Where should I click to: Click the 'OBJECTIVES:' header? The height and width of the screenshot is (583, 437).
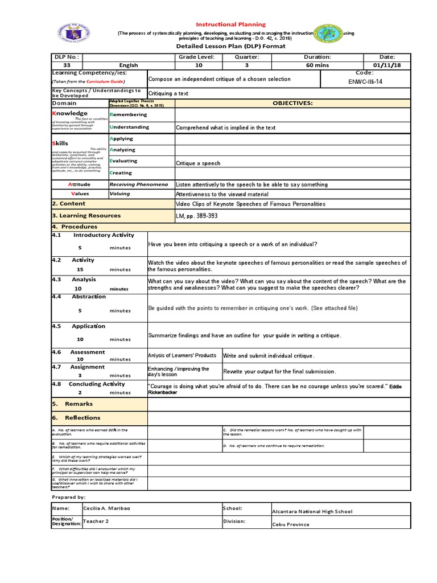pyautogui.click(x=292, y=103)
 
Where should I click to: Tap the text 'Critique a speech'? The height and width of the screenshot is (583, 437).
pyautogui.click(x=198, y=163)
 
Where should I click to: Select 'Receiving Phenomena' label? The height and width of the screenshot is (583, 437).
pyautogui.click(x=139, y=184)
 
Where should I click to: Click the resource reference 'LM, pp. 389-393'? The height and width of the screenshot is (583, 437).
pyautogui.click(x=197, y=216)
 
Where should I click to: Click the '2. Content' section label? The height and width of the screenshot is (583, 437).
pyautogui.click(x=69, y=203)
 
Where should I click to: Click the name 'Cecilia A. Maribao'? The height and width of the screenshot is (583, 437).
pyautogui.click(x=107, y=508)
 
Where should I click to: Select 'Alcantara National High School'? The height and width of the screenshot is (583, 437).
pyautogui.click(x=312, y=511)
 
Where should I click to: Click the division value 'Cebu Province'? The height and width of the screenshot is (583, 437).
pyautogui.click(x=291, y=524)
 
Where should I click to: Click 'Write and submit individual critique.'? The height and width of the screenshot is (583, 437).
pyautogui.click(x=268, y=356)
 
